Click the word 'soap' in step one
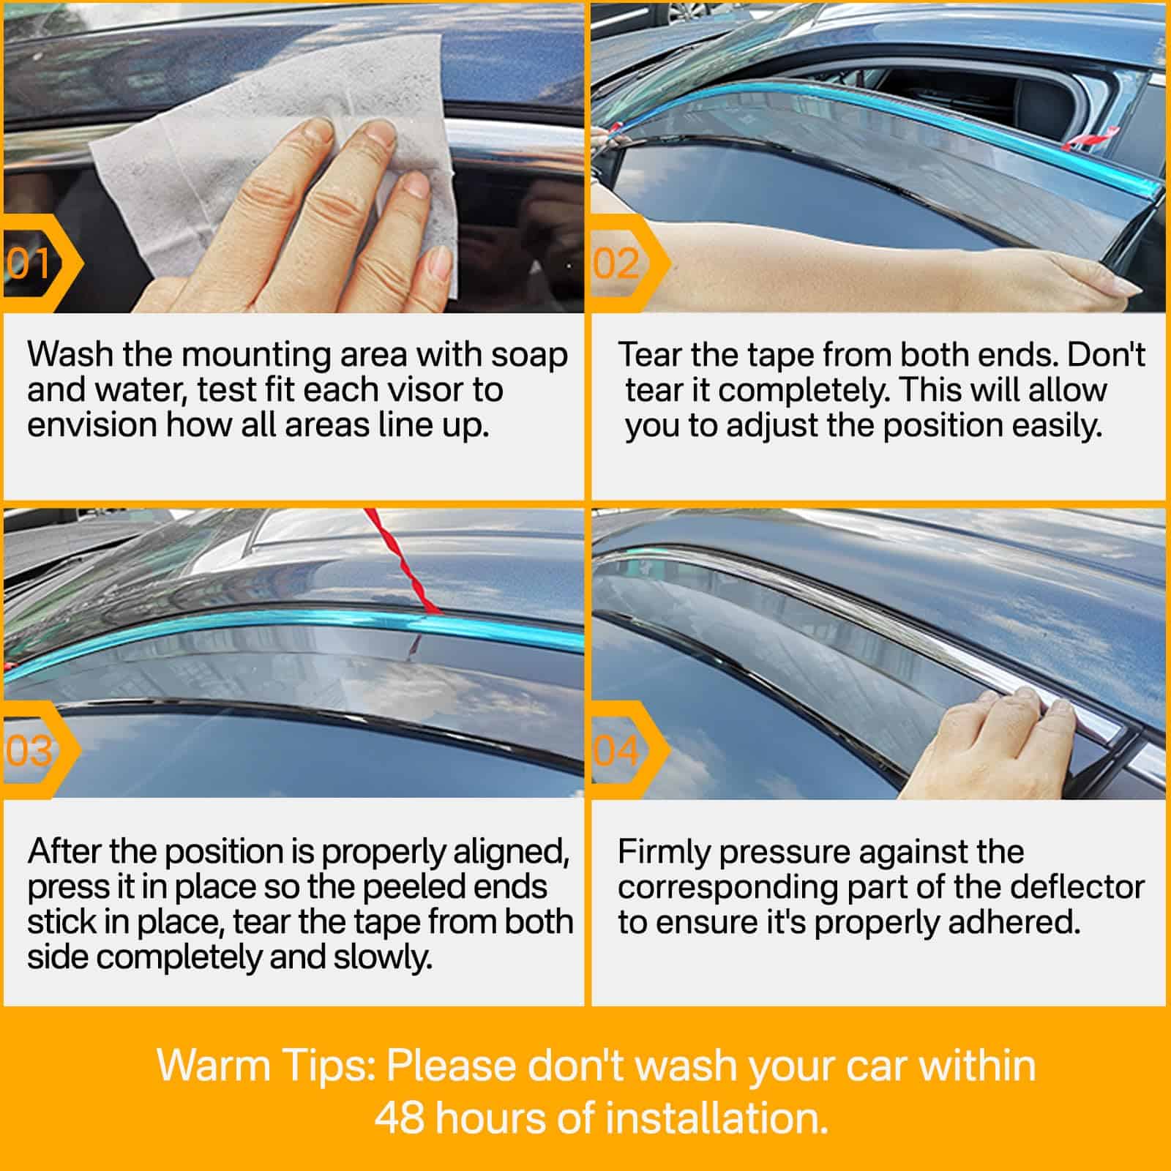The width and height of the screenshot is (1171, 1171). tap(529, 355)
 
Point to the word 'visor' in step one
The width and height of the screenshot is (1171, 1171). tap(414, 390)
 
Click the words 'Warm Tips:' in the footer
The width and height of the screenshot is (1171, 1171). tap(266, 1066)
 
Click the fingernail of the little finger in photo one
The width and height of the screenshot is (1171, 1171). tap(440, 262)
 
